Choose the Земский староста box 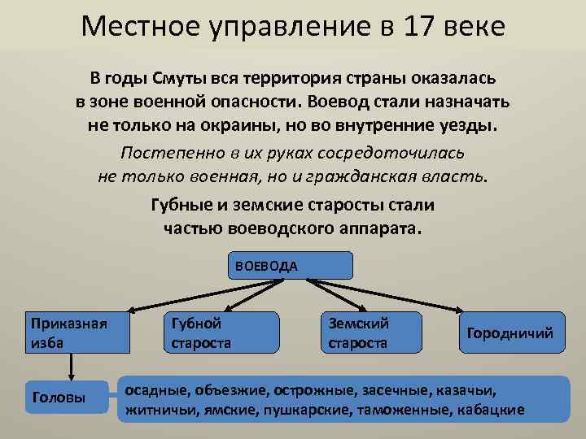pyautogui.click(x=371, y=333)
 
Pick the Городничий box pyautogui.click(x=509, y=333)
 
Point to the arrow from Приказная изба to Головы pyautogui.click(x=73, y=367)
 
